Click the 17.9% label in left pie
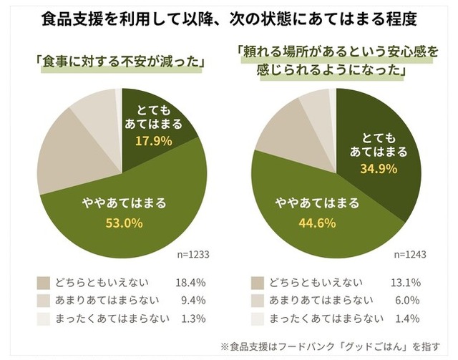(154, 141)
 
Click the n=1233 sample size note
(193, 254)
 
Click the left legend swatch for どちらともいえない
(44, 281)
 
